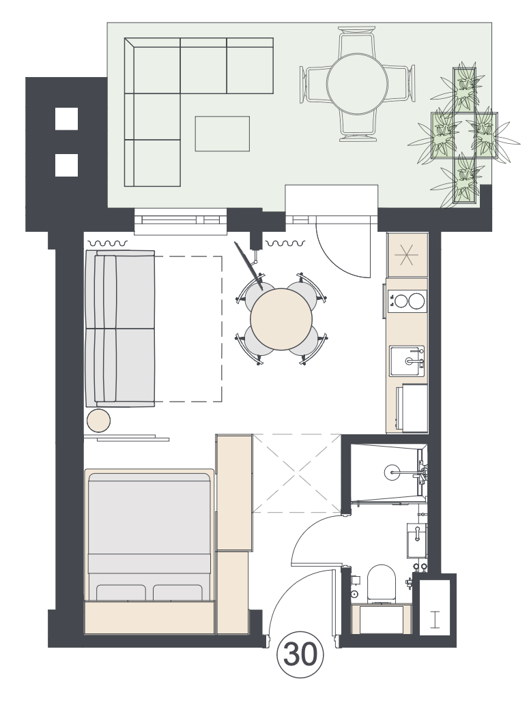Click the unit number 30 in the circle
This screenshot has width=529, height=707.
[300, 655]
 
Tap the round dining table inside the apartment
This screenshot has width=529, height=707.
[281, 319]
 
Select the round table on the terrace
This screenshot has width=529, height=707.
[357, 84]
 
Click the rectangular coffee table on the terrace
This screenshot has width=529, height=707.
[222, 134]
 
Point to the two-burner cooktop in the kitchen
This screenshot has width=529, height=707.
[407, 301]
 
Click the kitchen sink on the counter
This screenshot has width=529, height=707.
[407, 361]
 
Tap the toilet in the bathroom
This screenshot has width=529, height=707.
[382, 584]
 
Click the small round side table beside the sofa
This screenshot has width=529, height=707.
[98, 421]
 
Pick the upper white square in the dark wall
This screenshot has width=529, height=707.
[66, 118]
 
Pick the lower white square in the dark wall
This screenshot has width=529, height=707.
[66, 165]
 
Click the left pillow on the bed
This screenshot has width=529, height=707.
[121, 592]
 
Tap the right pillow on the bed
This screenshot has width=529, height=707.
[177, 592]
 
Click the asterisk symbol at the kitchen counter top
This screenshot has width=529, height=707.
[407, 256]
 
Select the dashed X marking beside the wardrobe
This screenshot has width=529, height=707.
[296, 473]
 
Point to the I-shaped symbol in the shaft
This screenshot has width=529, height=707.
[435, 620]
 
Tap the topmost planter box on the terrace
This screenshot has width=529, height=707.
[464, 89]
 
